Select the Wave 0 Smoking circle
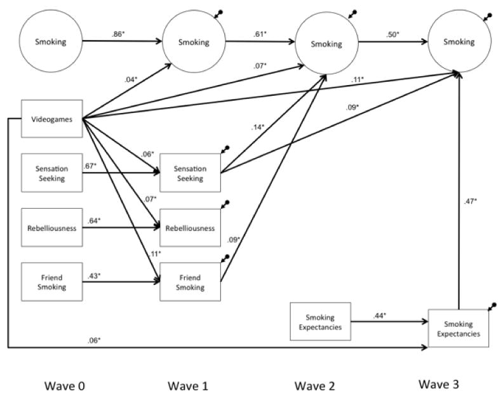click(51, 43)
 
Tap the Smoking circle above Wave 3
click(459, 43)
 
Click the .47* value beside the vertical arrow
click(471, 201)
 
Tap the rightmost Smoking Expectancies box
click(459, 328)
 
